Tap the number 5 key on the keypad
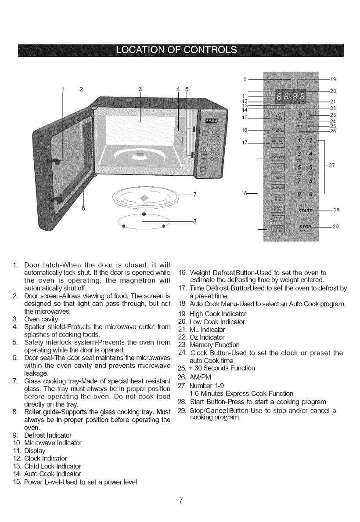[299, 168]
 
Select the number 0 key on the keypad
[311, 194]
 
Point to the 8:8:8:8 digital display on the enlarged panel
[291, 95]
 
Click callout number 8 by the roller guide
[194, 221]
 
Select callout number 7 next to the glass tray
[194, 195]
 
